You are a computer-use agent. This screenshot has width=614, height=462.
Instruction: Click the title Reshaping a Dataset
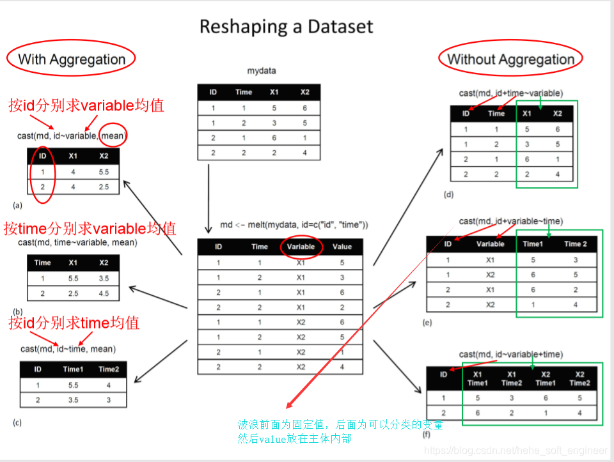click(286, 27)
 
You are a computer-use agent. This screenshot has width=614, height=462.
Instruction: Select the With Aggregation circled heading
click(71, 59)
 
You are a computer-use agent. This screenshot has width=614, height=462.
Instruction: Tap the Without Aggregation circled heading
click(510, 59)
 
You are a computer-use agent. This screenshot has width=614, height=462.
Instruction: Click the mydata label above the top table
click(262, 70)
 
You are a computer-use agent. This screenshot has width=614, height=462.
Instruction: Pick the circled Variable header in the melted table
click(301, 247)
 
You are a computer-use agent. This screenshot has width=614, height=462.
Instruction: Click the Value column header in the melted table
click(342, 247)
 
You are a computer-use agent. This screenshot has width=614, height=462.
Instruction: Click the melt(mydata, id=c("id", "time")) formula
click(294, 225)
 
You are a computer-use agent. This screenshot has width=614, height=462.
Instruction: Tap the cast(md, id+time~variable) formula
click(511, 93)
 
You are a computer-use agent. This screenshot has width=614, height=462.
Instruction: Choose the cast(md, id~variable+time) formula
click(511, 354)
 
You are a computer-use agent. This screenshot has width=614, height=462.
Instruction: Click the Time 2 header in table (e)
click(575, 243)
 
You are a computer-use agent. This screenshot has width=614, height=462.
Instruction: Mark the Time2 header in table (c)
click(109, 369)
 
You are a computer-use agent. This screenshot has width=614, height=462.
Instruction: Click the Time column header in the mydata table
click(244, 92)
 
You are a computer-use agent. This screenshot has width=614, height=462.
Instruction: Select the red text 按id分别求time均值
click(74, 323)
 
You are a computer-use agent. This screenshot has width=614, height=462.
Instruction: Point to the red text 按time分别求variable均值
click(90, 228)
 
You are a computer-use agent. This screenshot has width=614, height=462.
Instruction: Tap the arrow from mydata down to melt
click(209, 198)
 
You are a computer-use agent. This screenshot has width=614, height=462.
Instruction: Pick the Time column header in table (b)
click(43, 263)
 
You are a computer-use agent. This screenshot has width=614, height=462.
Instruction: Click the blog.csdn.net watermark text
click(515, 451)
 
